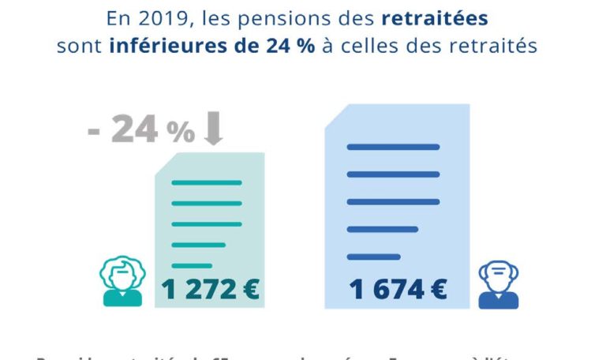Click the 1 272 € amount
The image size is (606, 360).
[210, 290]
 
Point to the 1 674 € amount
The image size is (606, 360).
[398, 290]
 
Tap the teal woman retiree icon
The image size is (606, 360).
[122, 280]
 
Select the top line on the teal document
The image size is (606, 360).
[206, 183]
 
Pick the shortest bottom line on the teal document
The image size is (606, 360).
[192, 265]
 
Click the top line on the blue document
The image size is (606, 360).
[393, 147]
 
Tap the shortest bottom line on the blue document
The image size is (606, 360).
[374, 257]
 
